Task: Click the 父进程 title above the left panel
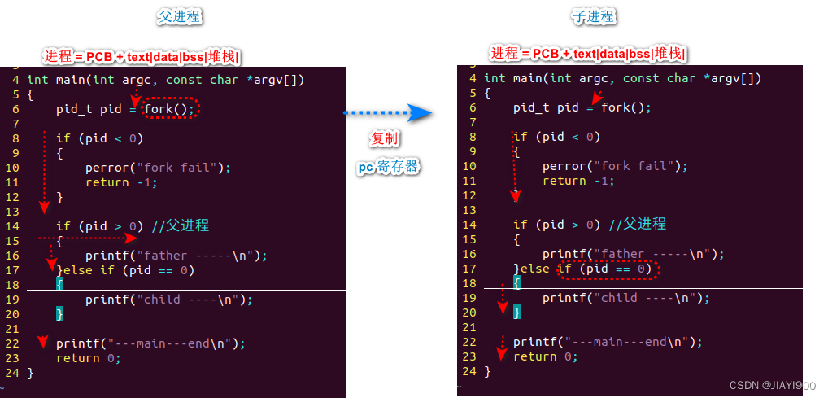(179, 17)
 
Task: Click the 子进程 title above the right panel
(594, 17)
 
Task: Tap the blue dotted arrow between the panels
(386, 113)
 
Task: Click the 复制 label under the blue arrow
(385, 139)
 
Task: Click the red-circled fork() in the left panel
(171, 108)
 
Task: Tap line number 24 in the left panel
(11, 373)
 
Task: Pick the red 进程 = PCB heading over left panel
(143, 56)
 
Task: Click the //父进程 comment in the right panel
(638, 225)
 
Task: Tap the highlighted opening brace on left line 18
(59, 283)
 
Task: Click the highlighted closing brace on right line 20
(516, 313)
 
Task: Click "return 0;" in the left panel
(88, 358)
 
